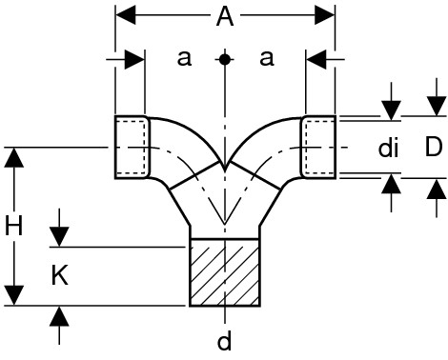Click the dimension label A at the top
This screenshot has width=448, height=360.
(x=225, y=17)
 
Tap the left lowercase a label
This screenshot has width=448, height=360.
(x=184, y=58)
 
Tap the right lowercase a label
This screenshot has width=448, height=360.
(x=266, y=58)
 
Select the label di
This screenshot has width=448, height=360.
(x=388, y=148)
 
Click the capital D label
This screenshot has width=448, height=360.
(x=434, y=148)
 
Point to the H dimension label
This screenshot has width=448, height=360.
(x=14, y=226)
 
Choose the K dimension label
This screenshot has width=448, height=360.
(x=59, y=275)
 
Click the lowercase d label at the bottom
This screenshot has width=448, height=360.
(x=225, y=341)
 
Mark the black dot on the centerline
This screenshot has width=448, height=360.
(x=225, y=59)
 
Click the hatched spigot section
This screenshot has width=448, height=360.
(x=225, y=272)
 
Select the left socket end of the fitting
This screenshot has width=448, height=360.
(x=132, y=148)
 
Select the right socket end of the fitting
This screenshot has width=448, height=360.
(x=318, y=148)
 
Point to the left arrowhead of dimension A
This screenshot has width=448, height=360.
(x=126, y=15)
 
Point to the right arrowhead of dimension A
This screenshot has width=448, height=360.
(x=324, y=15)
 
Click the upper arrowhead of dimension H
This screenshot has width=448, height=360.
(x=14, y=157)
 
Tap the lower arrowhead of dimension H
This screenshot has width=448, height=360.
(x=14, y=295)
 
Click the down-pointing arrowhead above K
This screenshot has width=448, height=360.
(x=59, y=237)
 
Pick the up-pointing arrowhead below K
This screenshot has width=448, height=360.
(x=59, y=316)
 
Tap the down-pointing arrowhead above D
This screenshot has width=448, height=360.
(x=437, y=106)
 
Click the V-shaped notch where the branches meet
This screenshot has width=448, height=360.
(x=225, y=165)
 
